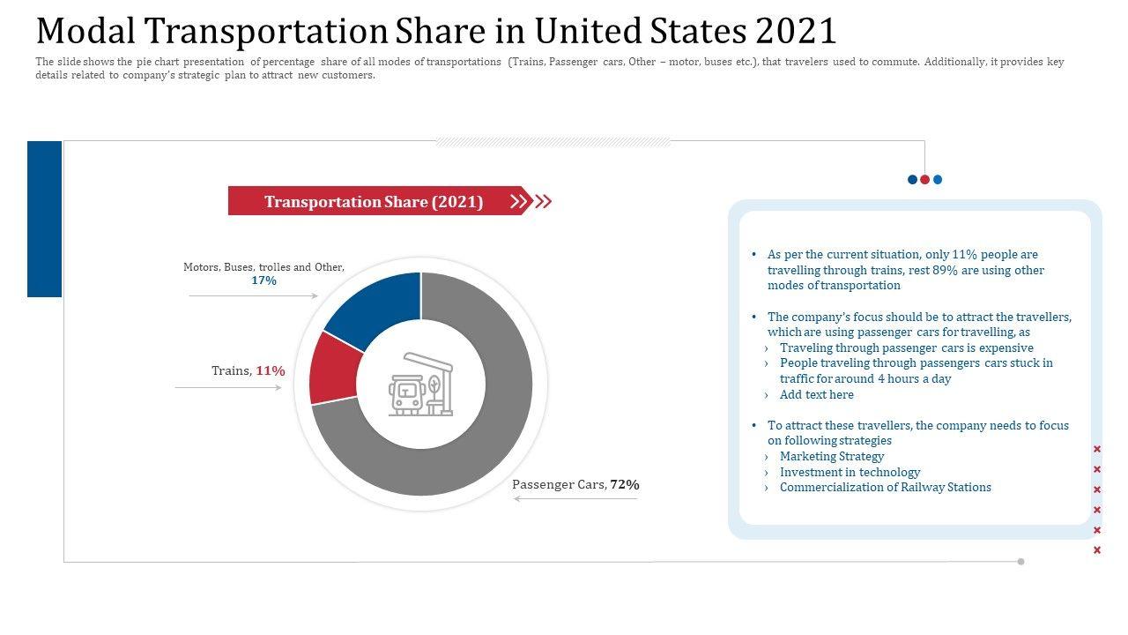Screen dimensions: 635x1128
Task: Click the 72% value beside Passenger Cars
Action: (624, 484)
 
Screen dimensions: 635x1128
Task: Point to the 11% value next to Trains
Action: (271, 371)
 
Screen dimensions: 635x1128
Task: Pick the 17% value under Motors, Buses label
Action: (263, 280)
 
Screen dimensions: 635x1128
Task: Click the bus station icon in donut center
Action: (420, 385)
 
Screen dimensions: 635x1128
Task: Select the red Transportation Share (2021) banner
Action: (374, 201)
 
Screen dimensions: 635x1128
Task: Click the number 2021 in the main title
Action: (796, 32)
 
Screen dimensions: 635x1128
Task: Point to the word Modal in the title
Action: (85, 32)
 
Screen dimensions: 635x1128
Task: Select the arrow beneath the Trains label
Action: (229, 387)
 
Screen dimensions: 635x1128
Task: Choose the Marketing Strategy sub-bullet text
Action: (831, 456)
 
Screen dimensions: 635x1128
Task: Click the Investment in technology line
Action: (850, 472)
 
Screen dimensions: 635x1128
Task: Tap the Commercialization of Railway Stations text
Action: (885, 487)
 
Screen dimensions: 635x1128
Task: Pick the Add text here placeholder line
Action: (816, 394)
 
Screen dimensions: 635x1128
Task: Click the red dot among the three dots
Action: (924, 180)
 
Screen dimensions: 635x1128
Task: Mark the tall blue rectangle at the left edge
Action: (44, 219)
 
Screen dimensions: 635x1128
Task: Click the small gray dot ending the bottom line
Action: (1020, 562)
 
